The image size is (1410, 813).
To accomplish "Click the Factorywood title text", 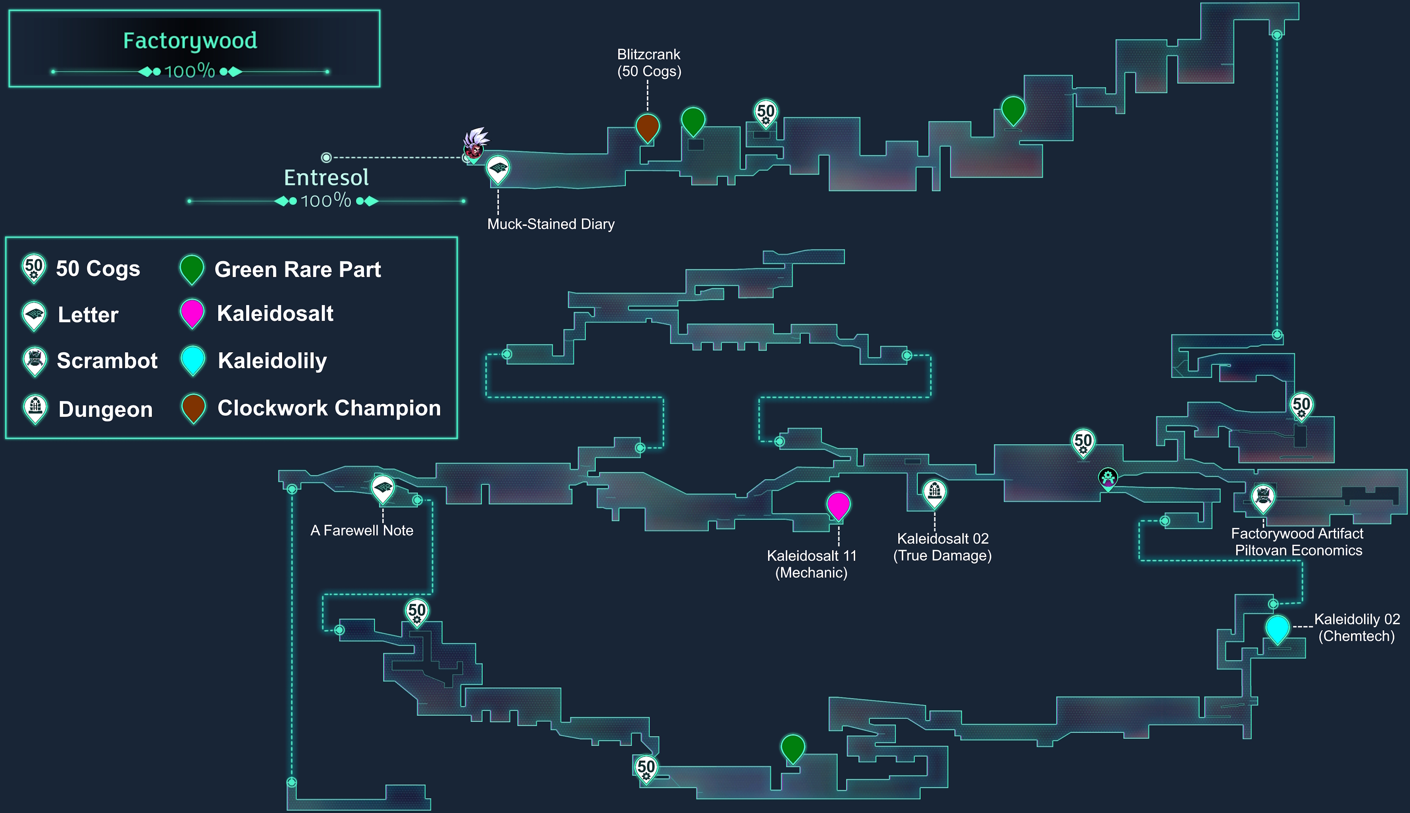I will pos(190,41).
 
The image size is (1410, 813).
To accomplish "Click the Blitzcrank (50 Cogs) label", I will pos(648,62).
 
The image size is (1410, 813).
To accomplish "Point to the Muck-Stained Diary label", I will pos(550,224).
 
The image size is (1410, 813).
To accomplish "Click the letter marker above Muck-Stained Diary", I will pos(497,169).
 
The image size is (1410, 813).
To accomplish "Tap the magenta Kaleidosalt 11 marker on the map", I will pos(838,505).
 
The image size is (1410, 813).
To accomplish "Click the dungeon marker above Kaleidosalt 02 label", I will pos(934,492).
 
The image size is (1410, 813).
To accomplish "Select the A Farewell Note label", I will pos(362,530).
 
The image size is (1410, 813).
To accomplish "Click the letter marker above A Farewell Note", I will pos(383,489).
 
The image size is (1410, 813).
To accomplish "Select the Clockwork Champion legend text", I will pos(329,408).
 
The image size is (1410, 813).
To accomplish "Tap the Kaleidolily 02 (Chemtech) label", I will pos(1356,628).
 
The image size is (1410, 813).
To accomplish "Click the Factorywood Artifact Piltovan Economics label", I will pos(1298,541).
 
